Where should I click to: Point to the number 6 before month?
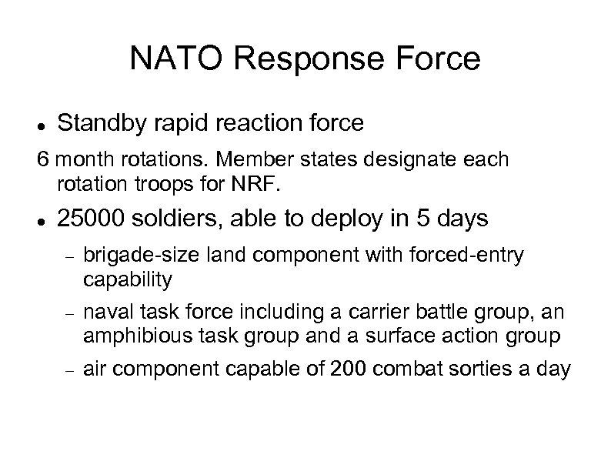point(43,160)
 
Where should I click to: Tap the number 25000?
point(92,219)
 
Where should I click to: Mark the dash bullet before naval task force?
point(68,313)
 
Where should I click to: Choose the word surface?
point(420,335)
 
